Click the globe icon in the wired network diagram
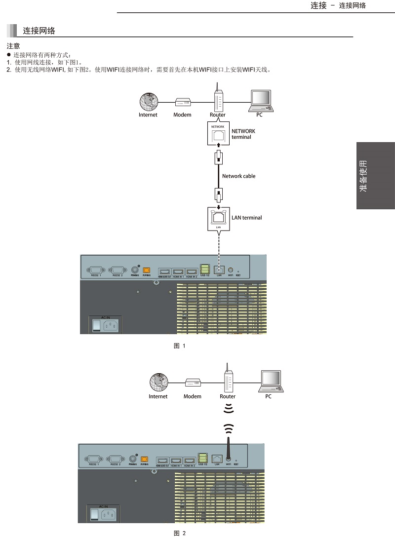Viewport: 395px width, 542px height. click(x=148, y=102)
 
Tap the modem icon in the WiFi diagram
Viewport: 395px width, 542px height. click(x=193, y=383)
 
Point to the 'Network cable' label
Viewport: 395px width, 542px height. click(x=239, y=176)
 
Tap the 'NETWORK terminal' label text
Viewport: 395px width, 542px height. click(x=243, y=134)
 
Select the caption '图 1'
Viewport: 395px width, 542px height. click(x=179, y=346)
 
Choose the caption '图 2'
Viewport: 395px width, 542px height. click(x=180, y=534)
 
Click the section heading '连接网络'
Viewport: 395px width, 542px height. click(x=39, y=31)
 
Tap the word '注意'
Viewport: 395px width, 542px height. click(x=13, y=46)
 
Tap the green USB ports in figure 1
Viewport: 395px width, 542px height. click(x=204, y=269)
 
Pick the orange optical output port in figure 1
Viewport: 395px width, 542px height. click(x=147, y=270)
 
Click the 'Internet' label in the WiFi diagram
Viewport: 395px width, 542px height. click(x=158, y=396)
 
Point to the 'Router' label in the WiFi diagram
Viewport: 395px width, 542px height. click(x=228, y=396)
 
